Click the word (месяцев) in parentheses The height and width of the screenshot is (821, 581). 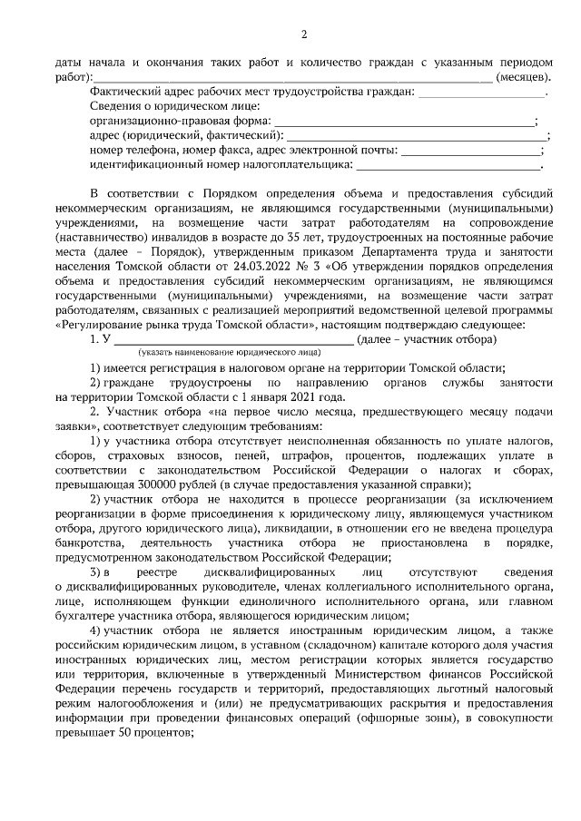pos(522,76)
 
